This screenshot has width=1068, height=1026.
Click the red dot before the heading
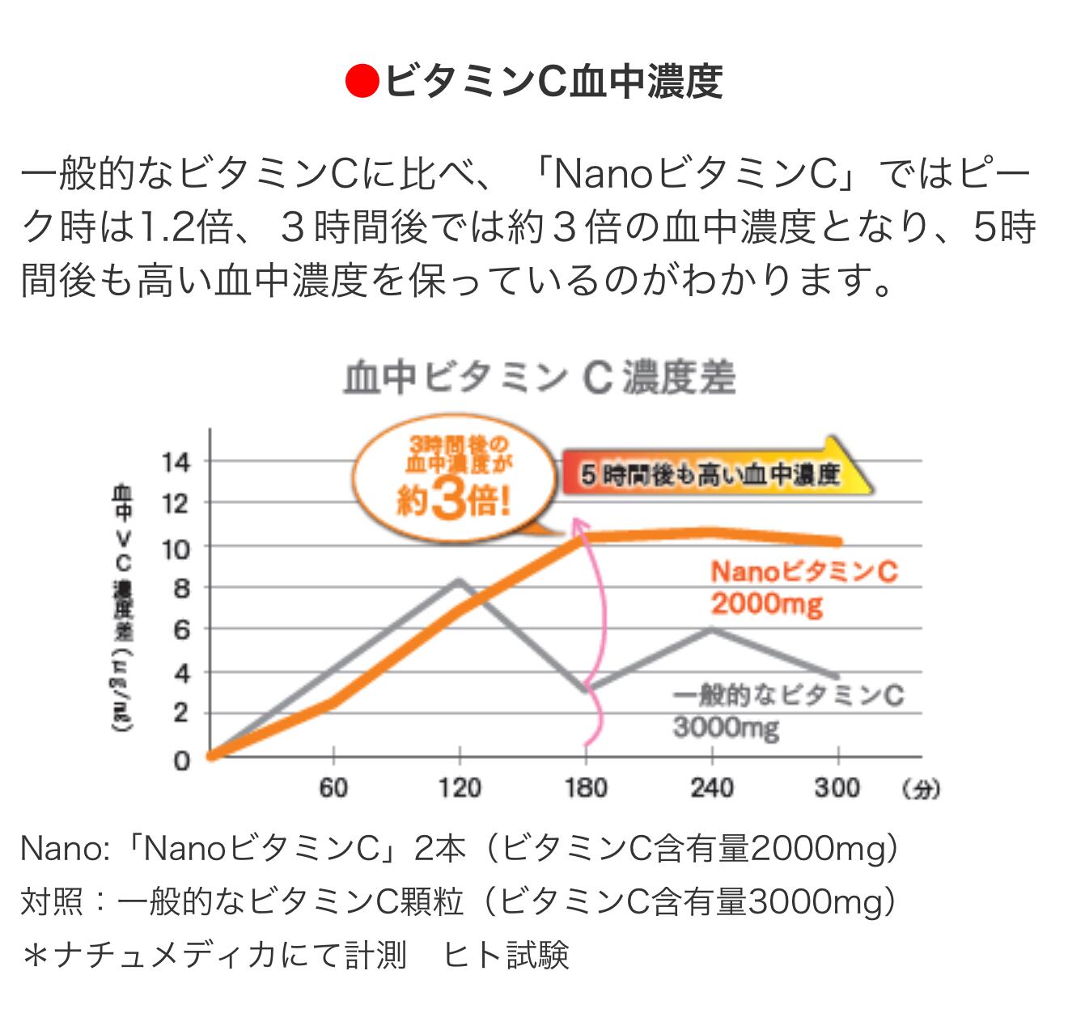(362, 81)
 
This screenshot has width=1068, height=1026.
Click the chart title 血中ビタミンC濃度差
(540, 379)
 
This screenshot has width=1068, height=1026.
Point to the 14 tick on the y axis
(176, 463)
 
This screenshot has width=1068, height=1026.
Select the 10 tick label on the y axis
(176, 549)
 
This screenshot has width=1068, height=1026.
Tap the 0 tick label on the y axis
(181, 760)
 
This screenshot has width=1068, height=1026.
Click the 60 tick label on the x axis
(333, 787)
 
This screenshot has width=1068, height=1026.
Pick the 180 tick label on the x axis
(585, 787)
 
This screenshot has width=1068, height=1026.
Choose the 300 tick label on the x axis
(837, 787)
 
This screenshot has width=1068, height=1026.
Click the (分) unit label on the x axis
(921, 789)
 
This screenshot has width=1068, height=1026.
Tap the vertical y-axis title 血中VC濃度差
(123, 607)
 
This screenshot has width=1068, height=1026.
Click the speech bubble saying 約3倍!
(455, 479)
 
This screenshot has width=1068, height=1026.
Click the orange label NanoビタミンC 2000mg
(803, 587)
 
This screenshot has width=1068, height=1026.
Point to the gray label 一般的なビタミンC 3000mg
(787, 711)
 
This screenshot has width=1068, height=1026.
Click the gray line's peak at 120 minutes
(460, 580)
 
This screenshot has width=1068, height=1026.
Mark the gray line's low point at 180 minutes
(586, 689)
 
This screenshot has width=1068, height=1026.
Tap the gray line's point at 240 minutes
(712, 629)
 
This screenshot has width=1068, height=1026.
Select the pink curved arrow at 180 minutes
(597, 631)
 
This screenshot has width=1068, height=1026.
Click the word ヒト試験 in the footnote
(506, 955)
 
